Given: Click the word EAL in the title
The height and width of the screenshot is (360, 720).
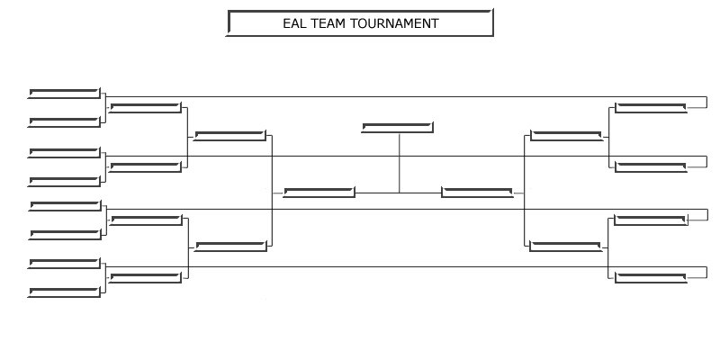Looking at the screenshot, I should click(x=296, y=23).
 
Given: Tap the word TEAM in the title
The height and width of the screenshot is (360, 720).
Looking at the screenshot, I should click(x=329, y=23).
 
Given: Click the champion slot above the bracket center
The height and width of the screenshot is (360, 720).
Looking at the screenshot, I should click(x=398, y=127).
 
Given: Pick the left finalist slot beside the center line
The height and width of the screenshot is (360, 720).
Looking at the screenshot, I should click(x=319, y=191).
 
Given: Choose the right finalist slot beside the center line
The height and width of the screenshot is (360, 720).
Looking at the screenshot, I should click(x=477, y=191).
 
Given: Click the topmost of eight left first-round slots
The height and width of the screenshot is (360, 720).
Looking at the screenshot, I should click(x=64, y=93).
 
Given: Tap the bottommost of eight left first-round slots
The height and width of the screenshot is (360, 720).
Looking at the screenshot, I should click(x=64, y=292).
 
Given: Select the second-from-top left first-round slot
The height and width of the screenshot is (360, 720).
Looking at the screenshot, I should click(x=64, y=121).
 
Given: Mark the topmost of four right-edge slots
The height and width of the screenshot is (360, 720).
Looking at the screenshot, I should click(x=651, y=108).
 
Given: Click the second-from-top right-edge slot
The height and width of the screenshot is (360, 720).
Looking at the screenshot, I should click(x=651, y=166).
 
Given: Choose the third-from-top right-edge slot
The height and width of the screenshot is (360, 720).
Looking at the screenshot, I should click(x=651, y=220).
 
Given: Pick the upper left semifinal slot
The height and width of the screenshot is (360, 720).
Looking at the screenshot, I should click(x=231, y=136).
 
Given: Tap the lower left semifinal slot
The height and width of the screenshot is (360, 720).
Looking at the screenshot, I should click(x=231, y=247).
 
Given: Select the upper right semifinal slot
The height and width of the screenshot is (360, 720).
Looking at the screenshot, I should click(x=566, y=136).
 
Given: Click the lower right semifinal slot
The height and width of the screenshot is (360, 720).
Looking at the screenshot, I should click(x=566, y=247).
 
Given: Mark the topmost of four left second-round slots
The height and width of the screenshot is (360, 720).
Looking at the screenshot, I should click(x=145, y=108).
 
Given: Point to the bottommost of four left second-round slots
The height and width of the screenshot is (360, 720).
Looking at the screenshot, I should click(x=145, y=276).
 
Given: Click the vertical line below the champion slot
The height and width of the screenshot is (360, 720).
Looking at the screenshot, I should click(x=399, y=162).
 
